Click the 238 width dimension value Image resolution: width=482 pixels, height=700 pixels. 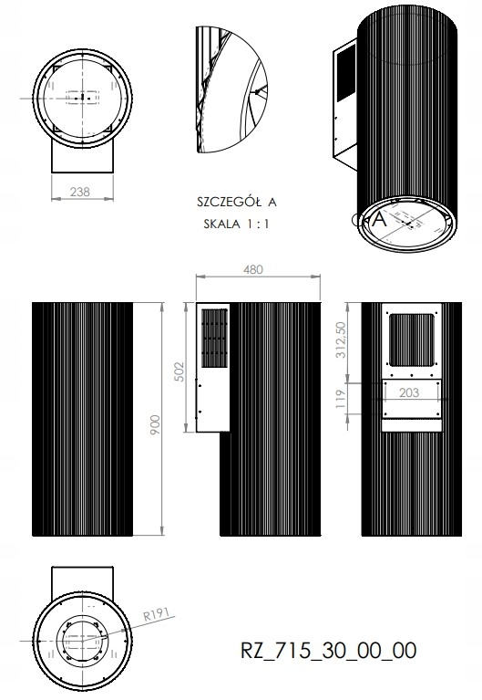pyautogui.click(x=80, y=192)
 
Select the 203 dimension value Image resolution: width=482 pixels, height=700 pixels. pyautogui.click(x=409, y=392)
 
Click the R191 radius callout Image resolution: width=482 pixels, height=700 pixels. pyautogui.click(x=156, y=618)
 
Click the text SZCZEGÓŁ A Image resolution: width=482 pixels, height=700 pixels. pyautogui.click(x=236, y=201)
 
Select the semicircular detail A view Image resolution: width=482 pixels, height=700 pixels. pyautogui.click(x=228, y=89)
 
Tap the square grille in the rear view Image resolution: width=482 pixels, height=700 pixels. pyautogui.click(x=409, y=340)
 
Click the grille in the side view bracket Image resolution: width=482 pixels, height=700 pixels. pyautogui.click(x=211, y=337)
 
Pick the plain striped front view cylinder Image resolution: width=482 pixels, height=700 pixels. pyautogui.click(x=82, y=418)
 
